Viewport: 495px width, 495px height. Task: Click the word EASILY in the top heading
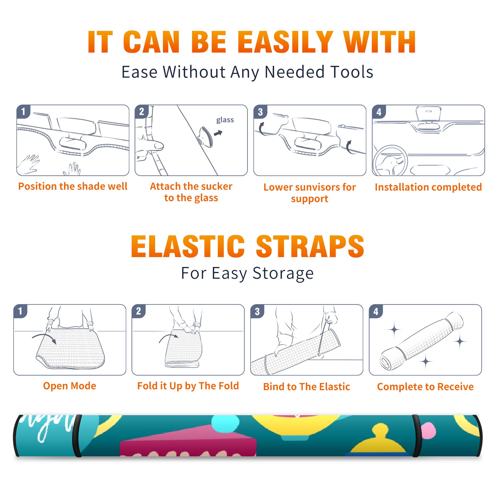285,42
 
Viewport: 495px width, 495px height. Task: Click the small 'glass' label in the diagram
225,120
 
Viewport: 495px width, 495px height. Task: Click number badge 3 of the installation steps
260,112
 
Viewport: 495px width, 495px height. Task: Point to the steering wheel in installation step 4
390,161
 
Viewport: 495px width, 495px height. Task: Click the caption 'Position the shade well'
73,186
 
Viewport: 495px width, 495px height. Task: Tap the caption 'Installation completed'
428,187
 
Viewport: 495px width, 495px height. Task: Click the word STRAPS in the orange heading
310,246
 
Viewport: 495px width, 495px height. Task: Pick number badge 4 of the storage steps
376,311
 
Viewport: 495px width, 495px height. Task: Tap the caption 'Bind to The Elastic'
307,386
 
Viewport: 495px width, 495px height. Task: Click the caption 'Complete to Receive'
425,386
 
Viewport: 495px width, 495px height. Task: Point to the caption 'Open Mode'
70,386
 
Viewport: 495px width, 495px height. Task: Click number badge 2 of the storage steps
139,311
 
